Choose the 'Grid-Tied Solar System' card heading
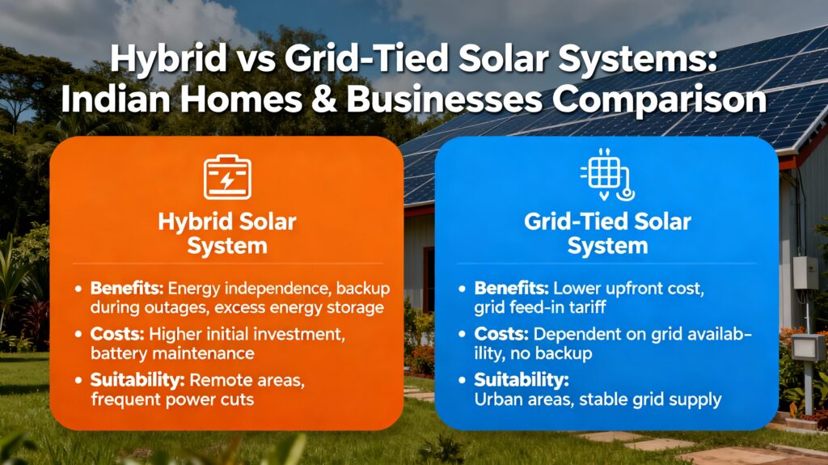coord(607,233)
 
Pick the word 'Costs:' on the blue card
coord(498,334)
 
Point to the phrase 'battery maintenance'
coord(173,353)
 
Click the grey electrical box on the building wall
coord(805,273)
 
